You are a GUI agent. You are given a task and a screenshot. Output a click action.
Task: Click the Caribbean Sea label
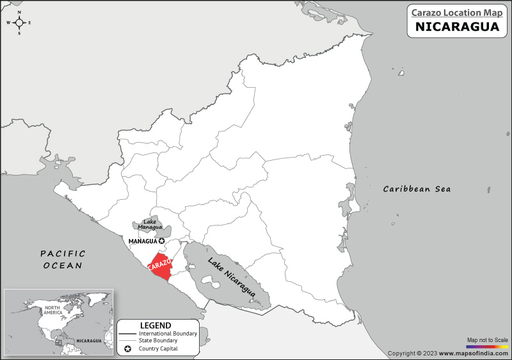pos(417,189)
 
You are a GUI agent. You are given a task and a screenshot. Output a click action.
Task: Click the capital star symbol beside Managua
pos(162,241)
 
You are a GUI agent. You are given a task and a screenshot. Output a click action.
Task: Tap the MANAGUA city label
pos(143,241)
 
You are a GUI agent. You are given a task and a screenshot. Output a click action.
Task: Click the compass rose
pos(19,22)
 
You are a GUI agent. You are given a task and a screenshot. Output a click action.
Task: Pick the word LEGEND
pos(156,325)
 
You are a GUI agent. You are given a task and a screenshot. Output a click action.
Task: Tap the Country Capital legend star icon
pos(128,349)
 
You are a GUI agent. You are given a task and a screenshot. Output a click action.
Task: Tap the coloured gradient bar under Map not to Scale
pos(487,345)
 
